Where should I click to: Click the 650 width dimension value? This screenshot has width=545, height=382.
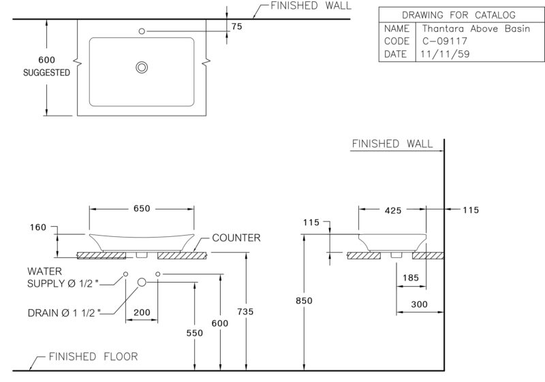click(142, 208)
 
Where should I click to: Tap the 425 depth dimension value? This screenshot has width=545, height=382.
click(393, 210)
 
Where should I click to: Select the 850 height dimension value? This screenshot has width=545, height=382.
click(304, 301)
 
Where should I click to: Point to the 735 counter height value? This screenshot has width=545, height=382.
click(245, 312)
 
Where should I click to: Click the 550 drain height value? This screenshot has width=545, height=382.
click(195, 333)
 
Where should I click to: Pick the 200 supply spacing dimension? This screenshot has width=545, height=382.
click(142, 312)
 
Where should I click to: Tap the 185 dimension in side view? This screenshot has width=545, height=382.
click(411, 278)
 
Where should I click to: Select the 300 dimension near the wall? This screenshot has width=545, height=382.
click(419, 304)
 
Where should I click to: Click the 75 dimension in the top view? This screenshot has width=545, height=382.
click(236, 27)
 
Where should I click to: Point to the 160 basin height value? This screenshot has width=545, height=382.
click(38, 227)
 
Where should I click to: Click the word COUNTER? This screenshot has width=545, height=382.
click(236, 238)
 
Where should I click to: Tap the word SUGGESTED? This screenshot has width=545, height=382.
click(46, 73)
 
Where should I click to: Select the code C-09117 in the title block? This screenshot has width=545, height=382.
click(445, 41)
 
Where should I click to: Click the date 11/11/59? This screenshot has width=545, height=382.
click(446, 54)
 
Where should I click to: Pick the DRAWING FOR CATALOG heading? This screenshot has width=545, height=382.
click(458, 15)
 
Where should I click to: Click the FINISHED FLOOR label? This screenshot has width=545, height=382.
click(93, 357)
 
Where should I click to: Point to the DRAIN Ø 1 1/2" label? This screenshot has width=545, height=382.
click(64, 313)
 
